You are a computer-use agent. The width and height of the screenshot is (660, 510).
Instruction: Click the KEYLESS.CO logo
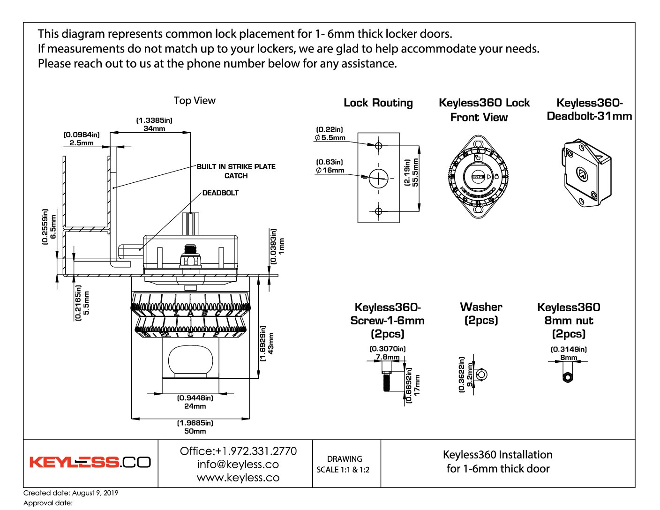pos(90,462)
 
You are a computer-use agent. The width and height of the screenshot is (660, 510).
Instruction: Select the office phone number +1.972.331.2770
pos(238,451)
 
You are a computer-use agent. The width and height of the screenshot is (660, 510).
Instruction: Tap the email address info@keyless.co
pos(238,464)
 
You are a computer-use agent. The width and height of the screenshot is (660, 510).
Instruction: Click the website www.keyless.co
pos(238,478)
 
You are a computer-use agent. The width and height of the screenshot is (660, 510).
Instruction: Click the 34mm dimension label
pos(154,128)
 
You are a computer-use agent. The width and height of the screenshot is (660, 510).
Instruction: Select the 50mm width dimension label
pos(195,431)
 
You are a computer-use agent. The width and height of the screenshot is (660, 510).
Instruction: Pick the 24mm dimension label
pos(195,406)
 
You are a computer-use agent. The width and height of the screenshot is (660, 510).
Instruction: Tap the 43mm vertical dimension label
pos(271,344)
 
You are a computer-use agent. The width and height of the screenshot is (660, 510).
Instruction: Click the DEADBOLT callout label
pos(220,193)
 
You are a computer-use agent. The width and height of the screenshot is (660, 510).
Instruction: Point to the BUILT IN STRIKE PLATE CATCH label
pos(236,171)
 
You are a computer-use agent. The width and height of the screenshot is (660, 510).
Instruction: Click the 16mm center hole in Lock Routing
pos(379,178)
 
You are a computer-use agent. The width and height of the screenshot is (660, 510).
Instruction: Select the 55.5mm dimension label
pos(415,173)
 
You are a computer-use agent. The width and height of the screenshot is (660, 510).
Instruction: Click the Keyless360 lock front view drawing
pos(478,177)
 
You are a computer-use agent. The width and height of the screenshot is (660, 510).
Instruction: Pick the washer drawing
pos(481,375)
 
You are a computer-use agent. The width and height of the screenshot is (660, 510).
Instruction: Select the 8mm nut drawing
pos(567,376)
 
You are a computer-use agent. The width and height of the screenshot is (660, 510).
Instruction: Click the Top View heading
pos(195,100)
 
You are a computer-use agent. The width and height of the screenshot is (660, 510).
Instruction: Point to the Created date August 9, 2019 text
pos(71,493)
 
